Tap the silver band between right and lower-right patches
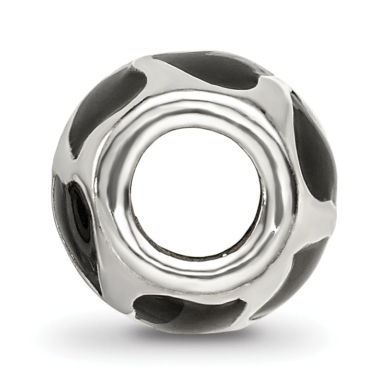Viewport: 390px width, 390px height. pos(318,219)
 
